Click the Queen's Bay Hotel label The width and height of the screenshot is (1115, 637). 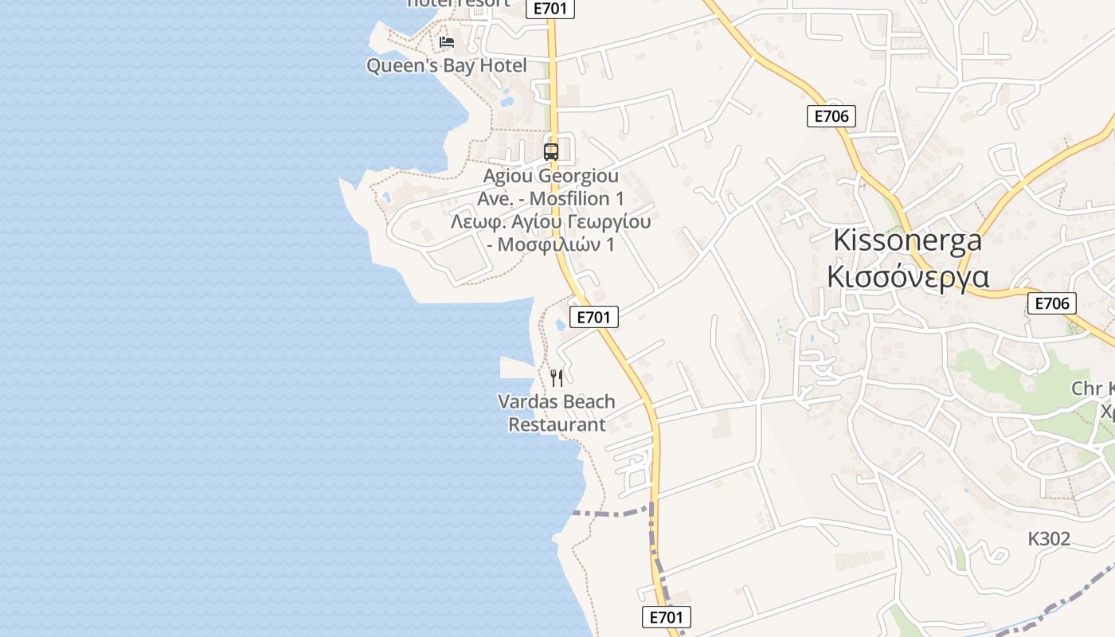point(446,65)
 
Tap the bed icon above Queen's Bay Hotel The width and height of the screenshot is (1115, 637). point(447,41)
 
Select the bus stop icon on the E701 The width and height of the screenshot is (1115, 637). point(550,151)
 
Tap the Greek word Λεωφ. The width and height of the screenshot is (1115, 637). point(475,221)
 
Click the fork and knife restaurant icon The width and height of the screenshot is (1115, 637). point(557,377)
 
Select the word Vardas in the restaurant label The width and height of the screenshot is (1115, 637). point(527,401)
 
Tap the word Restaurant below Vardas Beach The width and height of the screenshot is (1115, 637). point(557,424)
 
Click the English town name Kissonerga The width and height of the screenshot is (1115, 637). point(908,240)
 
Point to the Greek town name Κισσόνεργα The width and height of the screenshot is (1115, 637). point(908,276)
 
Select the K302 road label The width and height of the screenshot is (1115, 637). point(1049,539)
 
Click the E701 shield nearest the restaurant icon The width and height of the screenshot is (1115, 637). point(594,317)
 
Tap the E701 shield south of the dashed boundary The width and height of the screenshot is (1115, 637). point(666,617)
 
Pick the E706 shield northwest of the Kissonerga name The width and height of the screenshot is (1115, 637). point(831,116)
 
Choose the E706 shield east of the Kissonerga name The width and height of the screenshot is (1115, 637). point(1051,303)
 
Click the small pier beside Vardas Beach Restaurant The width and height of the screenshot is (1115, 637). point(518,368)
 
